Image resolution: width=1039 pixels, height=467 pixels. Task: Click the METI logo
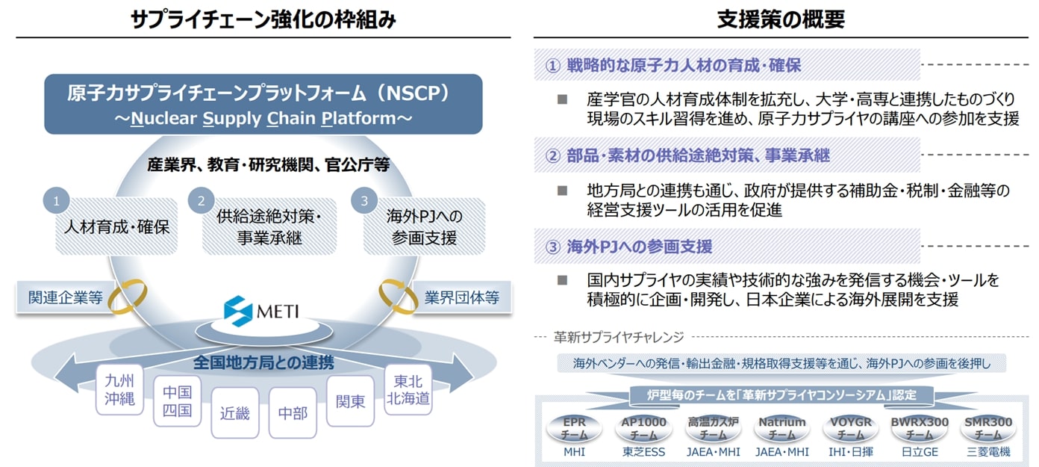point(260,309)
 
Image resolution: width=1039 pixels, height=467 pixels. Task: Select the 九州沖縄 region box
point(119,389)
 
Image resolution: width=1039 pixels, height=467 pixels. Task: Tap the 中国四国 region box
point(177,401)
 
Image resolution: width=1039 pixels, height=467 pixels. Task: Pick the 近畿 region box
point(234,412)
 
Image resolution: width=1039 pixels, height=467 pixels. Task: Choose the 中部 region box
point(293,412)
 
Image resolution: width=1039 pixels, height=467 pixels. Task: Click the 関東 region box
point(350,401)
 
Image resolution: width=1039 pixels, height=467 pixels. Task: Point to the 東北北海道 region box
point(408,389)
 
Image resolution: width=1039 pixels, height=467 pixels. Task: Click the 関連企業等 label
point(65,297)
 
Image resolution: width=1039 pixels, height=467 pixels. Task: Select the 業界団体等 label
point(461,297)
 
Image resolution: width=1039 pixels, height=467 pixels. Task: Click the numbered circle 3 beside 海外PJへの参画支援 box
point(364,201)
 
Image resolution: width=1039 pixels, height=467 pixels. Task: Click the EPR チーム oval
point(574,427)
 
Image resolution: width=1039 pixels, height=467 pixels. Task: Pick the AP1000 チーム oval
point(643,427)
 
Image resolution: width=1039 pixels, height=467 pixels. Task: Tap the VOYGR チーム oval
point(851,427)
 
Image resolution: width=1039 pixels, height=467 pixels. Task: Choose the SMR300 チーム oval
point(987,427)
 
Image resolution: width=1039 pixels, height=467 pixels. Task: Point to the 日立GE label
point(920,452)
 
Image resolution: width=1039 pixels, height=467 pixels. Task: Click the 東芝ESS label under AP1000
point(643,452)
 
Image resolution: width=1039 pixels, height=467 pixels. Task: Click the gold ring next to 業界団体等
point(399,297)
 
